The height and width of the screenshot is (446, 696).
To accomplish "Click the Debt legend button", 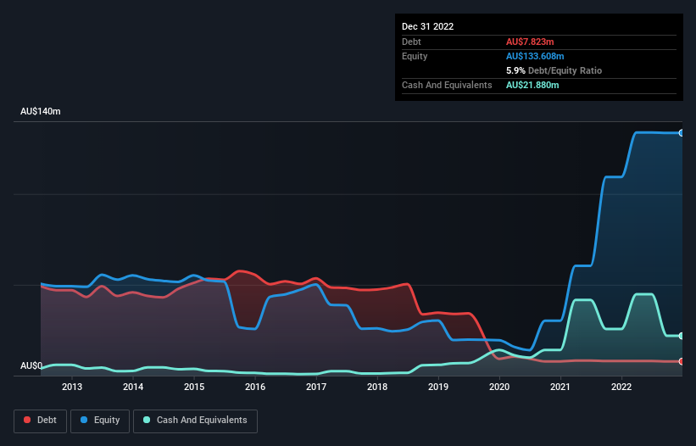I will tap(38, 421).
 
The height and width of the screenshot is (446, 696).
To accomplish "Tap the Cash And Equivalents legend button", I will tap(195, 421).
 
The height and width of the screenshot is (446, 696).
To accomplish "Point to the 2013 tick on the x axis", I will tap(72, 387).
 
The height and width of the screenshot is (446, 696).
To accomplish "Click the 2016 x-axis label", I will tap(255, 387).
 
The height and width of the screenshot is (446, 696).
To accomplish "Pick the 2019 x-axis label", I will tap(438, 387).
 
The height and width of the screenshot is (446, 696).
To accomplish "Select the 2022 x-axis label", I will tap(621, 387).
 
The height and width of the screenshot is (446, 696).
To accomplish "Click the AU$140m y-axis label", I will tap(41, 112).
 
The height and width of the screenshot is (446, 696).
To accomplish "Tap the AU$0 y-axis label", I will tap(31, 366).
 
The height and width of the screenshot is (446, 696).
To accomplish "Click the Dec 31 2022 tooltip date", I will tap(428, 26).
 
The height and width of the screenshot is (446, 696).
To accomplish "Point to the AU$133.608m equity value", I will tap(538, 56).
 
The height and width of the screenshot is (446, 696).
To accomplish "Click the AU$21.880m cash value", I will tap(532, 86).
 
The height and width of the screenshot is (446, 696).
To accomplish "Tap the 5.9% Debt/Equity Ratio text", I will tap(554, 70).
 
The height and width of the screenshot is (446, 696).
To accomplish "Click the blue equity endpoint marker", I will tap(681, 133).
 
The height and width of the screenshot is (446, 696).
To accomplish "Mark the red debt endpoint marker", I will tap(681, 361).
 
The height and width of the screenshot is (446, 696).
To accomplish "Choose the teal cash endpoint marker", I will tap(681, 336).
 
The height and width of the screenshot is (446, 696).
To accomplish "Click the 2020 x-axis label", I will tap(499, 387).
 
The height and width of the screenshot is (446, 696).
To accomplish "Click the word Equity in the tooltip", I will tap(415, 56).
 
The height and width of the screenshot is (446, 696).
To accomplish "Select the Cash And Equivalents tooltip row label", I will tap(447, 86).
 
